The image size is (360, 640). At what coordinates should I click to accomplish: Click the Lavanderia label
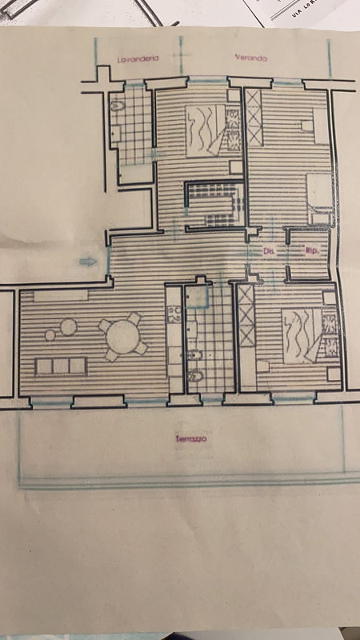(138, 59)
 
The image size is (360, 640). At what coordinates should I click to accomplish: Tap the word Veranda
(250, 58)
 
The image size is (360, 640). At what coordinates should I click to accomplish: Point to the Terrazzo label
(192, 439)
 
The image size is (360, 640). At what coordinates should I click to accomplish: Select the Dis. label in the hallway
(269, 250)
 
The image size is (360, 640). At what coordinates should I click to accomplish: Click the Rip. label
(312, 252)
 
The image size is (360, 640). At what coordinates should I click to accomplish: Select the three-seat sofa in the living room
(60, 366)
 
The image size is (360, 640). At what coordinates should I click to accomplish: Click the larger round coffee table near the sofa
(69, 326)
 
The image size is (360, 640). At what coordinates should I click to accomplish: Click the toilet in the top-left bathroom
(116, 106)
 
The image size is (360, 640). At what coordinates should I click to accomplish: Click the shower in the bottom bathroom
(198, 296)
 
